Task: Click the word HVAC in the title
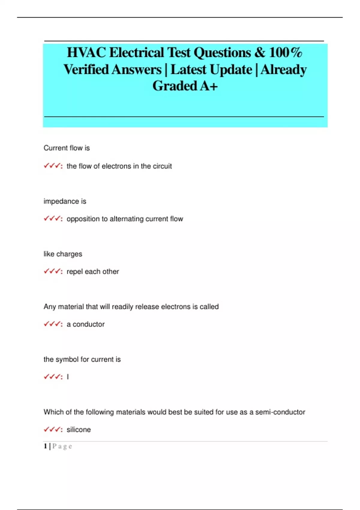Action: point(86,52)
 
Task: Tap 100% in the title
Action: point(285,52)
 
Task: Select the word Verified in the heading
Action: point(86,70)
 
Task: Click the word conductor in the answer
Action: point(88,324)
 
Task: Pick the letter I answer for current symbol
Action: point(68,377)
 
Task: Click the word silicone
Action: point(79,430)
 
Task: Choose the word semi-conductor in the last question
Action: point(280,412)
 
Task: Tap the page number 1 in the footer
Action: point(45,446)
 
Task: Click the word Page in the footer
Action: point(62,446)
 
